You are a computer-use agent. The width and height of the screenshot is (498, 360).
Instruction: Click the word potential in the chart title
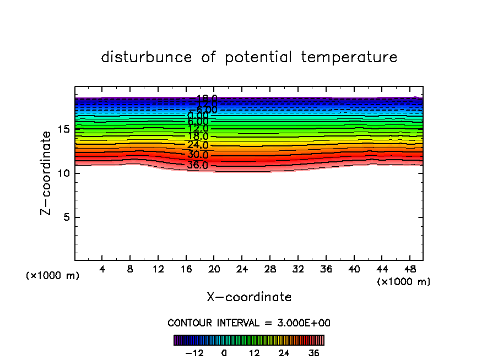click(261, 57)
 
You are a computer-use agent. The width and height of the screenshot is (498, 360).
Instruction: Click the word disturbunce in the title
click(147, 57)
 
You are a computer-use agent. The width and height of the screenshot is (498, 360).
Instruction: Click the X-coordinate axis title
click(249, 297)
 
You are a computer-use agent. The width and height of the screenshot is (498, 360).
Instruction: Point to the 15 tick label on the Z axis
click(63, 129)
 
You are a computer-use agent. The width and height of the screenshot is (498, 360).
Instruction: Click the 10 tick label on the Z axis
click(63, 173)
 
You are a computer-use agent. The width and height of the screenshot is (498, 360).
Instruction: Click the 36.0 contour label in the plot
click(197, 165)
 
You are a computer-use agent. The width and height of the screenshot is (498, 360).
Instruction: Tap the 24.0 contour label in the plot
click(197, 145)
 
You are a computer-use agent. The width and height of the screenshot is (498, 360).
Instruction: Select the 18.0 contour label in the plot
click(197, 137)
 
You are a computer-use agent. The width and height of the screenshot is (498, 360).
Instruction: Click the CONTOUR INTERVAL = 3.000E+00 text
click(249, 323)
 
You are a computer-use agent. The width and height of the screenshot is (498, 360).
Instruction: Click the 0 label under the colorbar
click(224, 353)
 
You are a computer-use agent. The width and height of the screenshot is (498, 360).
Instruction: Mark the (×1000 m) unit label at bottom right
click(403, 282)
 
